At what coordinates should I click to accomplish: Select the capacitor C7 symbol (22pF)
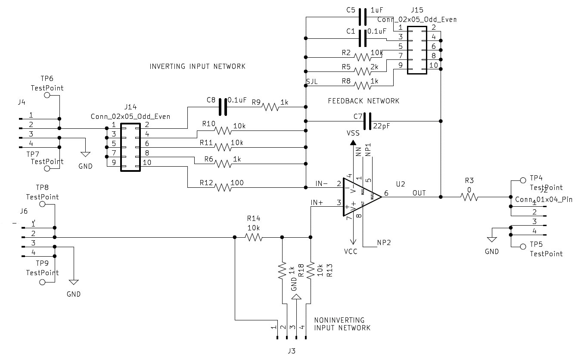coord(367,121)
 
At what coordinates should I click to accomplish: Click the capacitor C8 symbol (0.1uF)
coord(223,107)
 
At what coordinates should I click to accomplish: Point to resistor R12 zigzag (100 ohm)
coord(222,187)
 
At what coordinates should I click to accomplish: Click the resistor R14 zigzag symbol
coord(253,237)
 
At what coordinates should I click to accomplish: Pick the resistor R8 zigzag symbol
coord(363,85)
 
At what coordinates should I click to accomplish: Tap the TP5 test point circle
coord(523,246)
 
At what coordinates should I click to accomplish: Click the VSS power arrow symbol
coord(353,143)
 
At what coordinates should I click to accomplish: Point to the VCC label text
coord(351,251)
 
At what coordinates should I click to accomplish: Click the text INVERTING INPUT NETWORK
coord(197,66)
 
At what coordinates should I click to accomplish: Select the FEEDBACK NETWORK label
coord(364,101)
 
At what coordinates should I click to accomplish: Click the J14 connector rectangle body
coord(130,147)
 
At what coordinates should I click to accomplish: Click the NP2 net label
coord(384,243)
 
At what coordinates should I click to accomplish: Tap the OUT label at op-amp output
coord(419,193)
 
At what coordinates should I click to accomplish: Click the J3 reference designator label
coord(291,351)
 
